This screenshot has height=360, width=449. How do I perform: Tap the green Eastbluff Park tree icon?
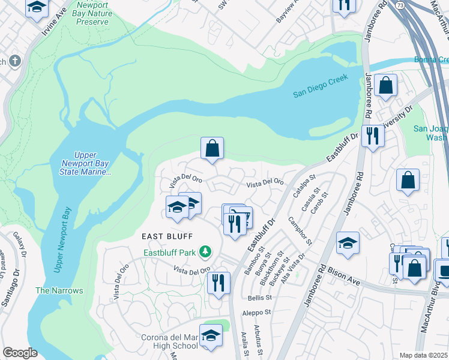206,251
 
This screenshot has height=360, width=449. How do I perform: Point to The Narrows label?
59,290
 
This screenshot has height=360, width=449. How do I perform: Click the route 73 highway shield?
400,4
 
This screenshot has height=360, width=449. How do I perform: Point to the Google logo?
19,353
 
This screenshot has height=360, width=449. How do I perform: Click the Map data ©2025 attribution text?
424,355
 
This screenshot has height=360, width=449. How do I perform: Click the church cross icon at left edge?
14,61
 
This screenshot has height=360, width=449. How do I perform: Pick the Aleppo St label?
257,313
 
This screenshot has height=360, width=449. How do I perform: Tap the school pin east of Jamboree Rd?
348,243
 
